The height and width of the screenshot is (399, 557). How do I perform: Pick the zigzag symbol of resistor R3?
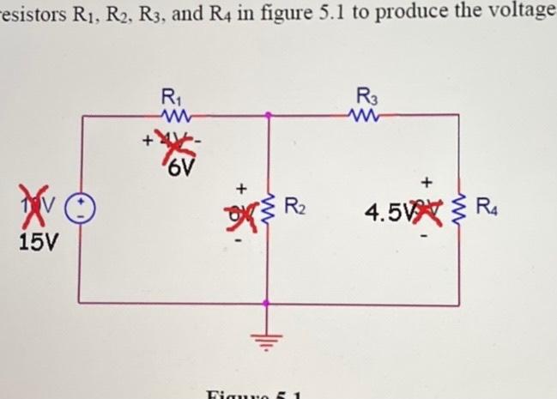click(x=366, y=113)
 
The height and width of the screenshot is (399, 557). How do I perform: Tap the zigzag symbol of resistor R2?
click(x=269, y=207)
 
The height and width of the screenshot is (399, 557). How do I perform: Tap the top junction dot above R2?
click(x=269, y=112)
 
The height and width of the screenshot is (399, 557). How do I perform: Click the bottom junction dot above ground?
click(x=269, y=303)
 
